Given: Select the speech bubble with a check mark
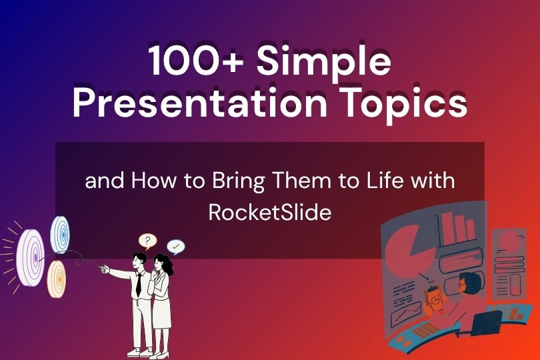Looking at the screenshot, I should point(176,247).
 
